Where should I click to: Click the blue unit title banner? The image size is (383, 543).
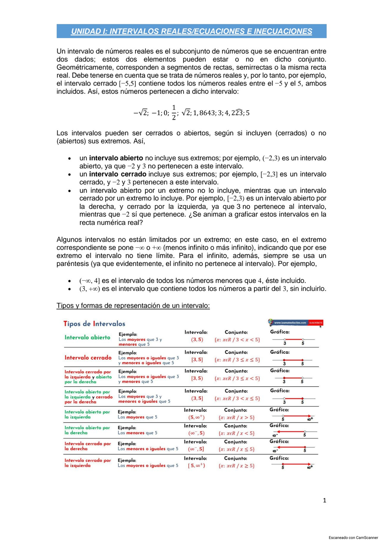pos(191,31)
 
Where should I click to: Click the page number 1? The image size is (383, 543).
pos(325,500)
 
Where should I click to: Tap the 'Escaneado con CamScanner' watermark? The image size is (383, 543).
pos(353,538)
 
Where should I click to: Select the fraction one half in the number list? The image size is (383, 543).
pos(174,113)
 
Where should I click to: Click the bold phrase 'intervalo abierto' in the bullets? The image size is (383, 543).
pos(116,158)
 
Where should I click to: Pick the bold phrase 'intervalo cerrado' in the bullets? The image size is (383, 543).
pos(117,174)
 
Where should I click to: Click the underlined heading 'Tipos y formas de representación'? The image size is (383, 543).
pos(133,305)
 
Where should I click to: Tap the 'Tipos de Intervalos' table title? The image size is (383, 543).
pos(94,324)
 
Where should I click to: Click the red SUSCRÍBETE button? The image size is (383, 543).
pos(316,323)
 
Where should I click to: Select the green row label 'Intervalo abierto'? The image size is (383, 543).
pos(87,337)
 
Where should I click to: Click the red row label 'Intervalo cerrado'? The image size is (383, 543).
pos(88,358)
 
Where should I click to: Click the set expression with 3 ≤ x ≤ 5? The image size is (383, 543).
pos(237,360)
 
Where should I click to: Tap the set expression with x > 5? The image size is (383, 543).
pos(237,417)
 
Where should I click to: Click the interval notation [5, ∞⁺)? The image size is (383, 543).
pos(196,466)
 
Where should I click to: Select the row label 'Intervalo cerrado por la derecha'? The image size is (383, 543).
pos(87,446)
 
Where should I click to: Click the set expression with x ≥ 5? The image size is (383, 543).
pos(237,466)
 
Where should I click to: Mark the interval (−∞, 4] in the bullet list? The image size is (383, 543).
pos(89,281)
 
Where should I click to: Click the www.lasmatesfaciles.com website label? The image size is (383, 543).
pos(290,323)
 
